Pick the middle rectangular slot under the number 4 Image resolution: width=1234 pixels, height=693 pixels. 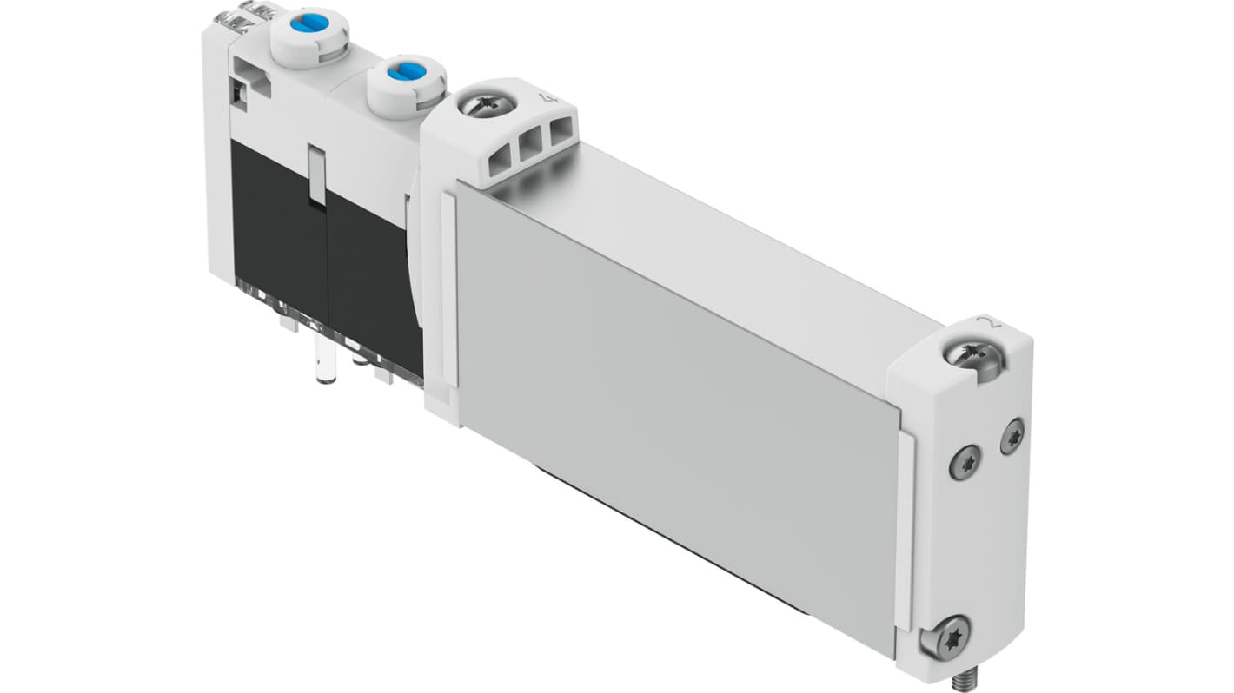pos(527,149)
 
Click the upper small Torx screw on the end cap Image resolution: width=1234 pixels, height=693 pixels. pos(1012,436)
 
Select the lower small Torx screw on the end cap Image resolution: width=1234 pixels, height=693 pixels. pos(965,461)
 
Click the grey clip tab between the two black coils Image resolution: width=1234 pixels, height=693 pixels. pos(317,176)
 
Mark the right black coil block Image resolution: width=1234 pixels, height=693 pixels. pos(369,269)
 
